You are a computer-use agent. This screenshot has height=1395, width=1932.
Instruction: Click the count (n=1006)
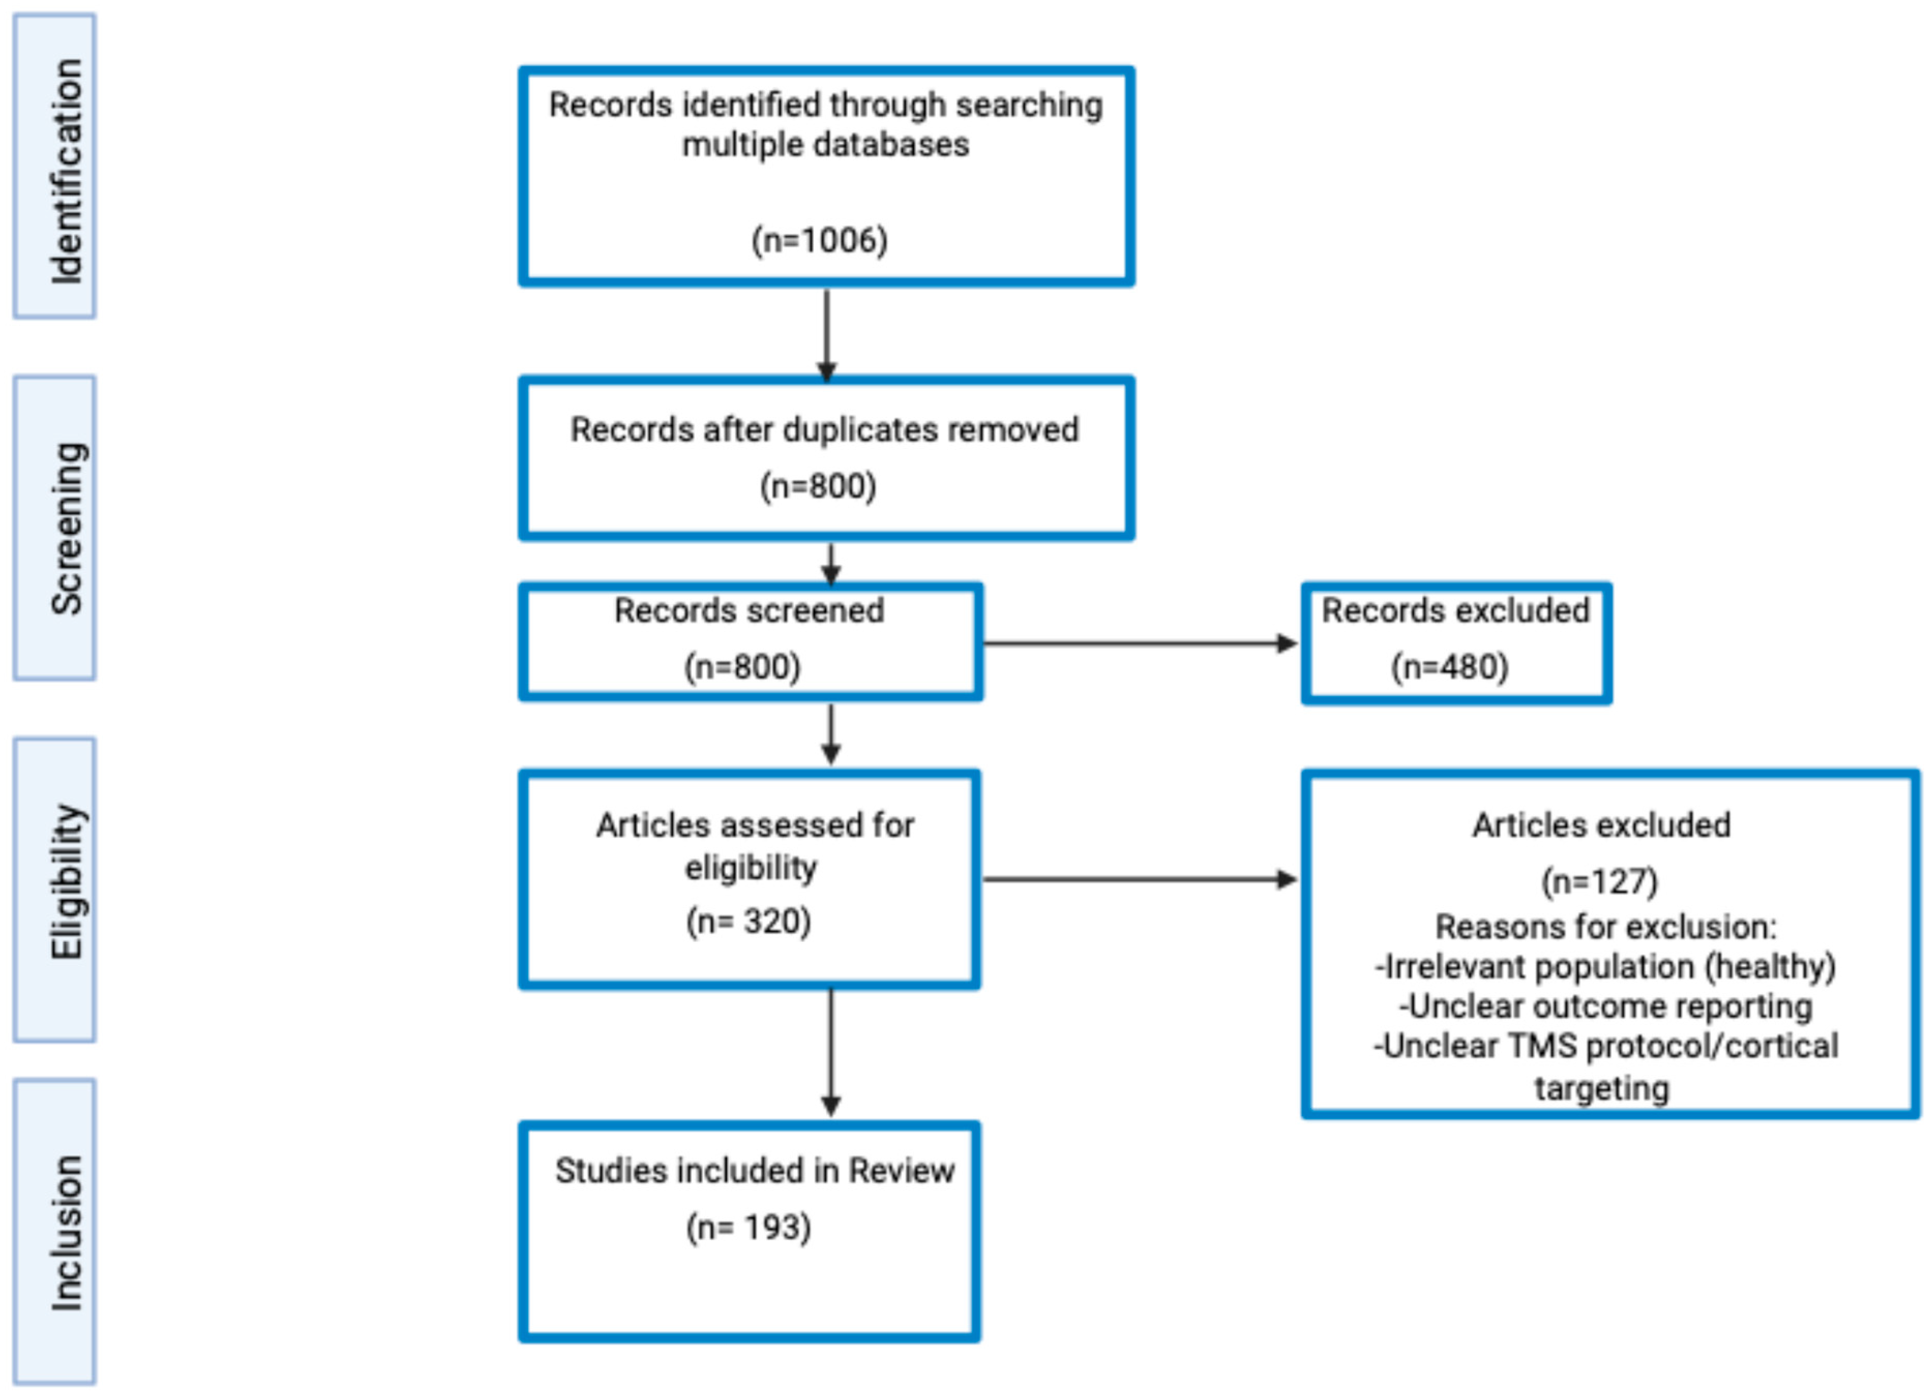click(x=819, y=240)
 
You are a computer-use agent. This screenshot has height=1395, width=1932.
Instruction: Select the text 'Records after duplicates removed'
click(x=825, y=429)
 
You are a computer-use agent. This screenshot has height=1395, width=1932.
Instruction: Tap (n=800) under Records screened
click(x=743, y=666)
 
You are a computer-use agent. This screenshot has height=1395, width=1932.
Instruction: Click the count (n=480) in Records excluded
click(x=1450, y=666)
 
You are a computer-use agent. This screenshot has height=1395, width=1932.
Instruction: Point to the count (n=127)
click(x=1600, y=881)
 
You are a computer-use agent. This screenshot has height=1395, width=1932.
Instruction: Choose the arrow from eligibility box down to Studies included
click(x=831, y=1052)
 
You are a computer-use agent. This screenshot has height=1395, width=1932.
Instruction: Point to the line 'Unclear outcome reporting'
click(x=1606, y=1007)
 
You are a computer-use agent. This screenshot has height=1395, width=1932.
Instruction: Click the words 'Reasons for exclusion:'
click(x=1606, y=926)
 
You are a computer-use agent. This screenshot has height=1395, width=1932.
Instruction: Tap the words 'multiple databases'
click(x=826, y=145)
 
